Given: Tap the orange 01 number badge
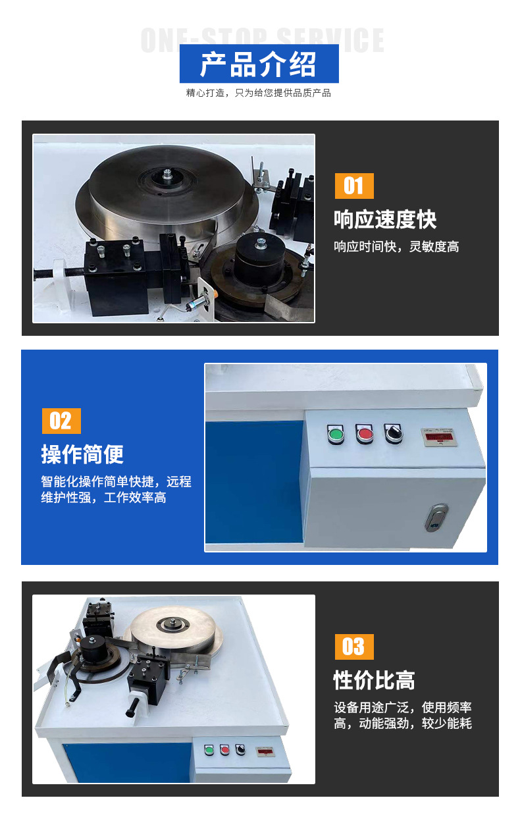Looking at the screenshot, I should (353, 186).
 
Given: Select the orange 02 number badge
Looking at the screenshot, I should (61, 421).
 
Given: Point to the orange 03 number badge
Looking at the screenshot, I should (353, 647).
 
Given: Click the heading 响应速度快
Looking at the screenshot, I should (385, 219).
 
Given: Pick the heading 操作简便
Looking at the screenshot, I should (82, 454).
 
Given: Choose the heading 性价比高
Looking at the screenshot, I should (374, 680).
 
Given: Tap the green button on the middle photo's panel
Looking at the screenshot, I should (336, 434).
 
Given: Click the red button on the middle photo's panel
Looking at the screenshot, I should (364, 433).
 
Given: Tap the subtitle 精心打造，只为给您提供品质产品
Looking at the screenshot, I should (259, 93).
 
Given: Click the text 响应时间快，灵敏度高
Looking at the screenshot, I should (396, 247).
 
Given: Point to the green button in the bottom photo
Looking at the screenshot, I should (210, 749).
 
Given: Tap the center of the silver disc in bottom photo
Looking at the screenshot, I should (175, 622).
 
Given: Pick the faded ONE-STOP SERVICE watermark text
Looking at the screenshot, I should (262, 40).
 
